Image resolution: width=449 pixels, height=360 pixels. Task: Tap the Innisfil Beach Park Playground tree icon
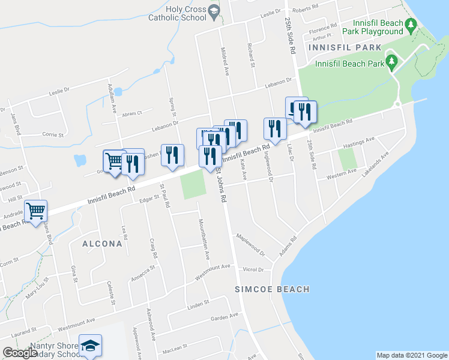(411, 26)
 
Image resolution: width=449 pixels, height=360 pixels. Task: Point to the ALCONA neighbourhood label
(103, 244)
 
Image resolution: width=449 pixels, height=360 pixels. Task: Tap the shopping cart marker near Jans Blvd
(35, 211)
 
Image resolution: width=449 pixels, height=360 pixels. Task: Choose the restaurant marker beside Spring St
(172, 154)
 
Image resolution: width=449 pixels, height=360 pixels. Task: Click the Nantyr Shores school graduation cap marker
(90, 345)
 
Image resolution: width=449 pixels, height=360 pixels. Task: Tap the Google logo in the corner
(19, 353)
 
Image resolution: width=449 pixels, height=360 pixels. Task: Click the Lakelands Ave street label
(375, 162)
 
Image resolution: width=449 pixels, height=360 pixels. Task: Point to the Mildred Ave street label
(224, 61)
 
